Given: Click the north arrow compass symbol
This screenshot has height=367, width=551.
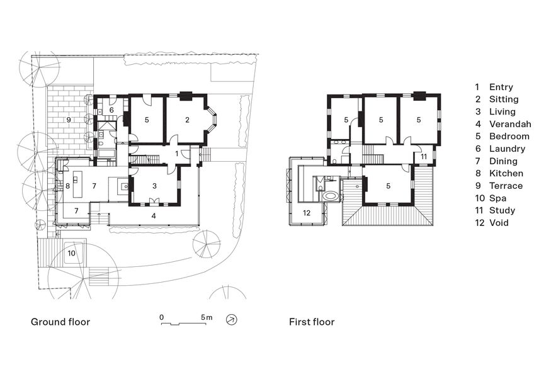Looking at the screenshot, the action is (x=232, y=320).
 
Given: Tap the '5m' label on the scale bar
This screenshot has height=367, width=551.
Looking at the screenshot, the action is (x=207, y=317).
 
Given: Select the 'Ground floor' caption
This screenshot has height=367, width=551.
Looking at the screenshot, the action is (x=60, y=322).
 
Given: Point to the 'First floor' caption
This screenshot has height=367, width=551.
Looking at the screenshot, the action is (x=312, y=322).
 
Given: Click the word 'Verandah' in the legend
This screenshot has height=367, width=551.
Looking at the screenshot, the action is (x=510, y=124).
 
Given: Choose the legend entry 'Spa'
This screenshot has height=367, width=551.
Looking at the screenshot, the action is (x=497, y=198).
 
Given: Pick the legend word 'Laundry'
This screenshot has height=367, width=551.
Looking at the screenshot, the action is (x=507, y=149).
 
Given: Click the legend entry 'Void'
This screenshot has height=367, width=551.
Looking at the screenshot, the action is (x=499, y=223).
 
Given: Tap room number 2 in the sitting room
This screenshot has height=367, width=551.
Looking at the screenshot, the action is (x=187, y=120).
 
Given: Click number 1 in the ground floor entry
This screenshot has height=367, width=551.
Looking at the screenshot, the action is (x=177, y=154).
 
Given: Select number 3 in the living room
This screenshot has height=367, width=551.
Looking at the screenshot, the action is (x=154, y=186).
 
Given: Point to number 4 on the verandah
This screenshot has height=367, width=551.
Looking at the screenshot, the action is (x=154, y=216).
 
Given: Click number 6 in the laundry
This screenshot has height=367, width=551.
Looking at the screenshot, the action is (x=111, y=110).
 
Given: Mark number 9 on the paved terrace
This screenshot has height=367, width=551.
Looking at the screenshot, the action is (x=69, y=120).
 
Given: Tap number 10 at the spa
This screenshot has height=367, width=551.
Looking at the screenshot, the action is (x=71, y=253).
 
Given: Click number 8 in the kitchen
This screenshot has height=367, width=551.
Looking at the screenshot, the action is (x=67, y=186).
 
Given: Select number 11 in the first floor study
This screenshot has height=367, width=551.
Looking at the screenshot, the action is (x=424, y=157).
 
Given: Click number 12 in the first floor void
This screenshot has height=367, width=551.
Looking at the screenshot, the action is (x=307, y=213).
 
